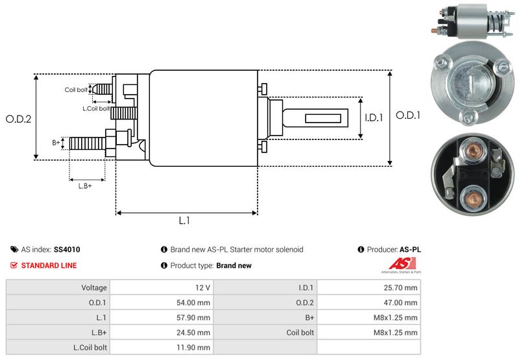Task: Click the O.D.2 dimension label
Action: pyautogui.click(x=18, y=119)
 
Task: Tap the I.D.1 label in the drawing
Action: pyautogui.click(x=374, y=118)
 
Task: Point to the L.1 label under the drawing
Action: pyautogui.click(x=184, y=221)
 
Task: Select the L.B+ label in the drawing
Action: pyautogui.click(x=85, y=186)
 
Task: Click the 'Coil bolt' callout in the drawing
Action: pyautogui.click(x=76, y=90)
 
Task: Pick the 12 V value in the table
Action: pyautogui.click(x=202, y=287)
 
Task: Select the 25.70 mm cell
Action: pyautogui.click(x=402, y=287)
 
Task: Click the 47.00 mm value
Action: pyautogui.click(x=402, y=302)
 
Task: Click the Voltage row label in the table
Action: pyautogui.click(x=94, y=287)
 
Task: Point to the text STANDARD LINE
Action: pyautogui.click(x=49, y=265)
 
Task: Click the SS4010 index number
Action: pyautogui.click(x=67, y=249)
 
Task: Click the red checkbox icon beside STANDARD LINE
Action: pyautogui.click(x=14, y=265)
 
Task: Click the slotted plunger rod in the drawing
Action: pyautogui.click(x=321, y=119)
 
